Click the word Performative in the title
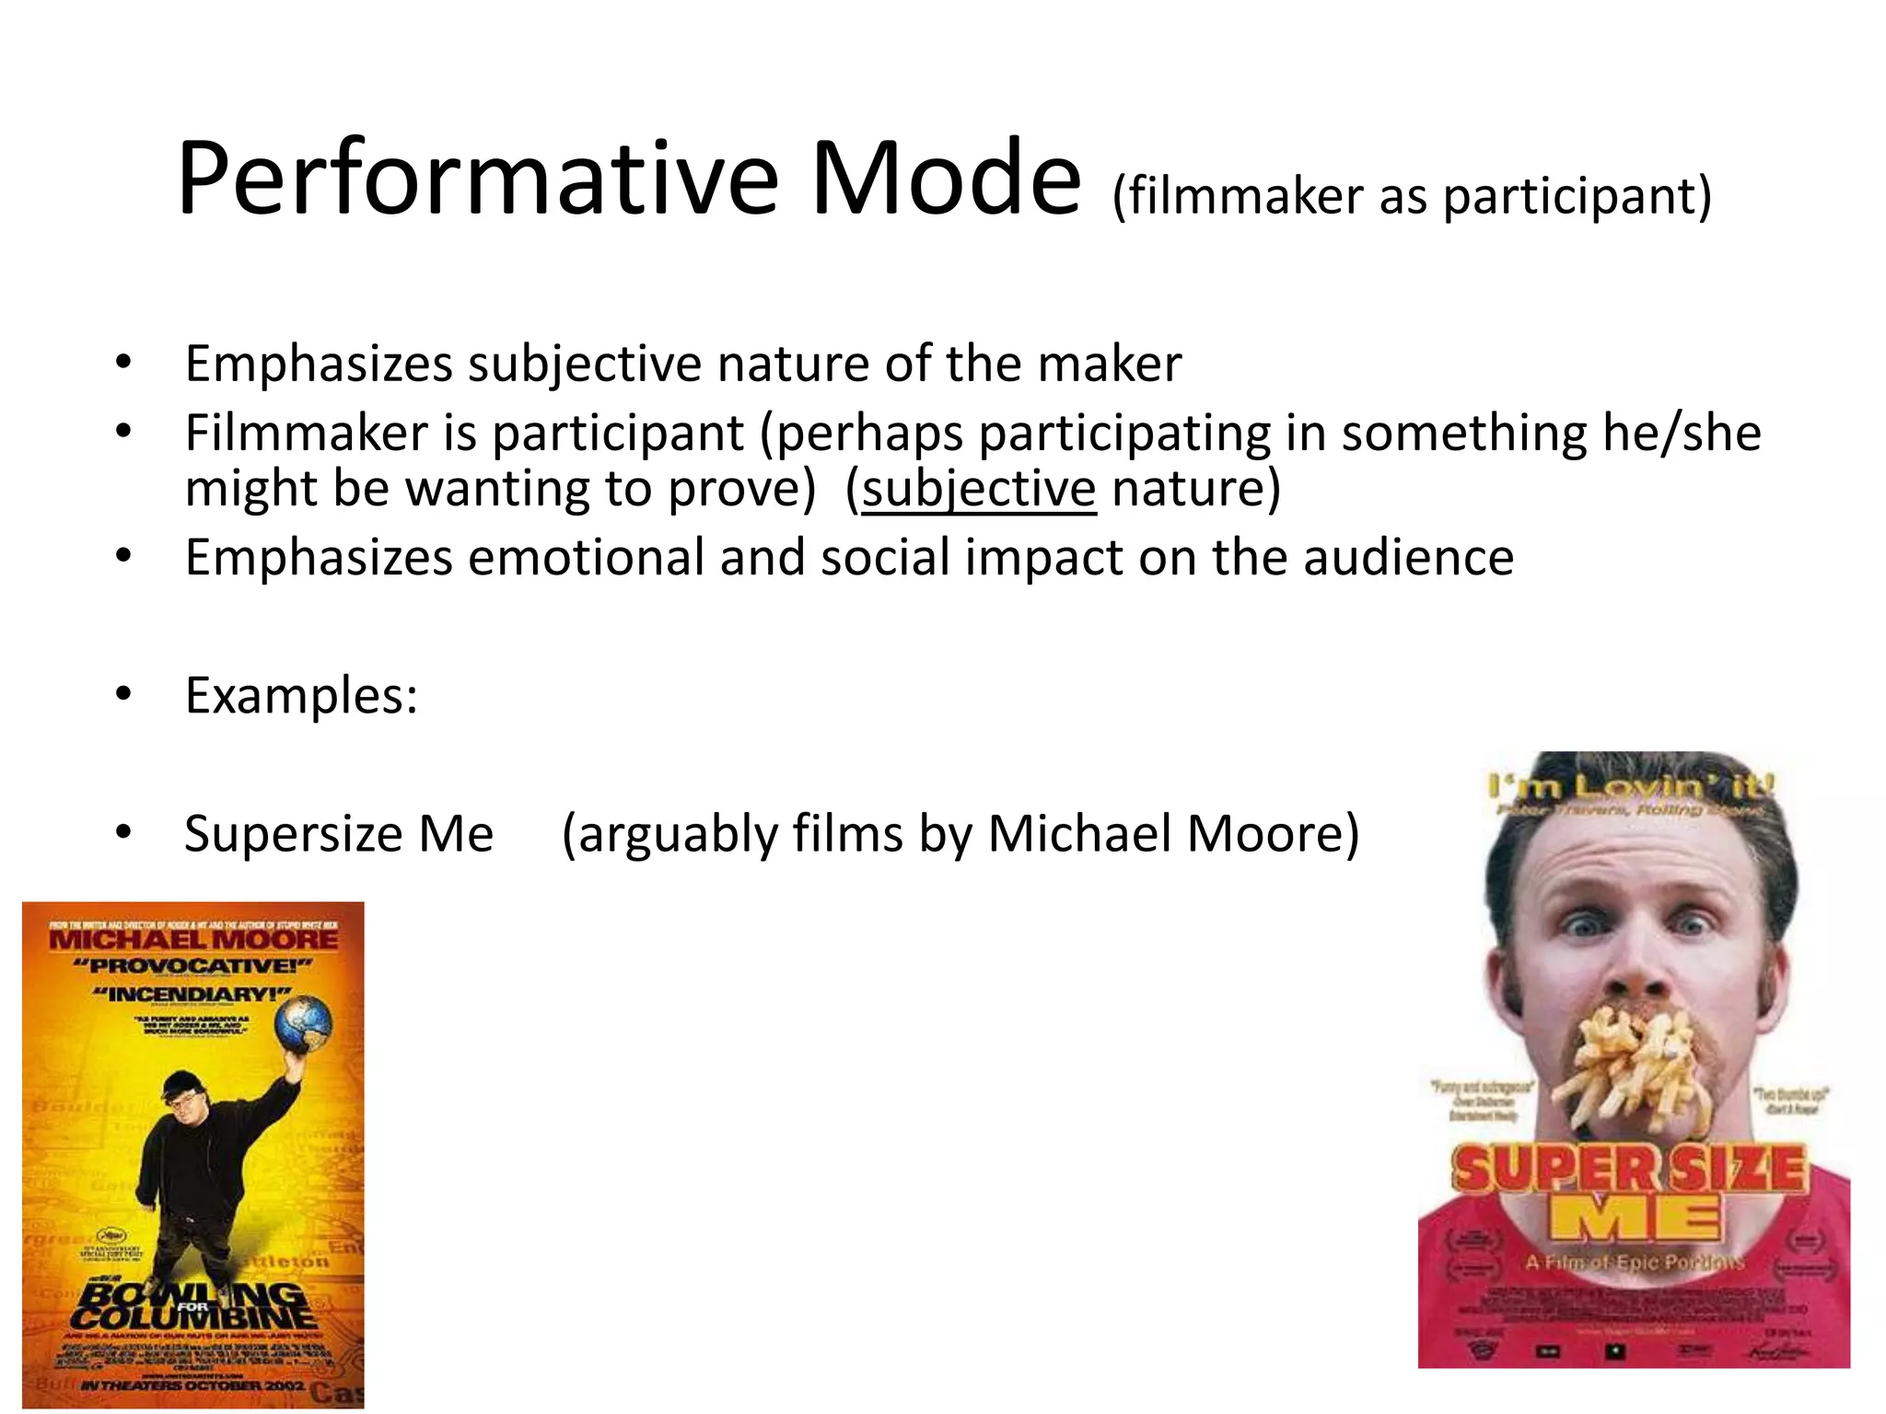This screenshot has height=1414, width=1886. [477, 179]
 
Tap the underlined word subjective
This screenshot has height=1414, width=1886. [979, 488]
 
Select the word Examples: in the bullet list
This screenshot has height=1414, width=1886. [301, 695]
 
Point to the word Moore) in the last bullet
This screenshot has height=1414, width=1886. [1273, 834]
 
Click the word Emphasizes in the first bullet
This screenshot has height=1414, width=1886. [319, 365]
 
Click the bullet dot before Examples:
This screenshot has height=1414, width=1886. [124, 695]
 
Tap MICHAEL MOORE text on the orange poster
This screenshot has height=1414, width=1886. [193, 939]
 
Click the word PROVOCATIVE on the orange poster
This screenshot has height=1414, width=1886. [193, 967]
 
